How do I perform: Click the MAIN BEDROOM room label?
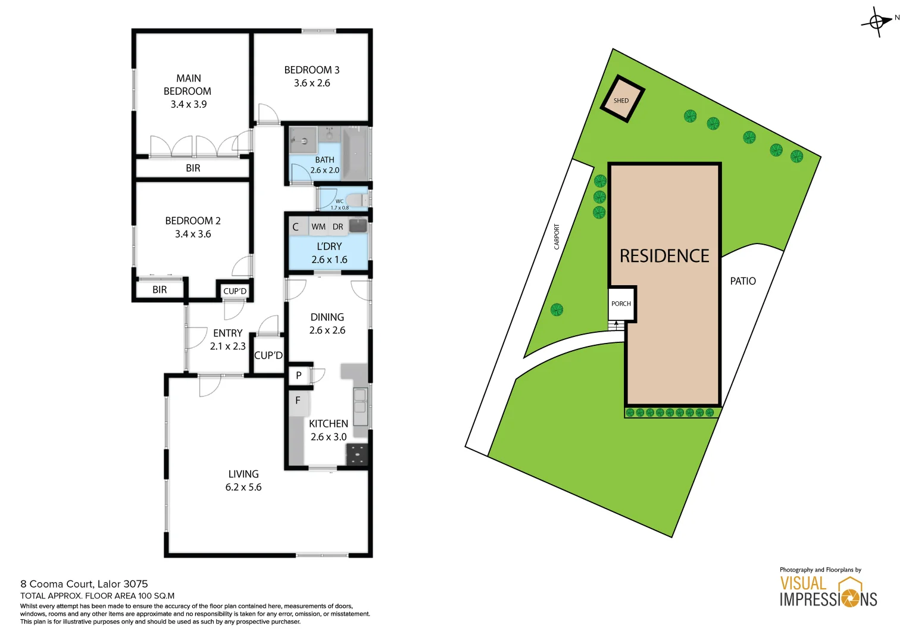(188, 85)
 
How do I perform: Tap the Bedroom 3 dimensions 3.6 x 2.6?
(312, 83)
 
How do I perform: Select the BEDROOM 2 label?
(193, 221)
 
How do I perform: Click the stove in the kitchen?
(357, 454)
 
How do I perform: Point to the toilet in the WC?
(357, 200)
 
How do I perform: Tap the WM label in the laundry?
(318, 227)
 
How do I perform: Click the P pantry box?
(299, 375)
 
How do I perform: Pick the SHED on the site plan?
(621, 100)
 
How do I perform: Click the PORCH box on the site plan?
(621, 304)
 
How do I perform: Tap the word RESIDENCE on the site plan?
(664, 256)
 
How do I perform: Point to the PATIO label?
(743, 281)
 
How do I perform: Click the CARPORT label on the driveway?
(557, 236)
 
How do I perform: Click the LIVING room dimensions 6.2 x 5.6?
(243, 487)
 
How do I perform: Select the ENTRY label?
(228, 333)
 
